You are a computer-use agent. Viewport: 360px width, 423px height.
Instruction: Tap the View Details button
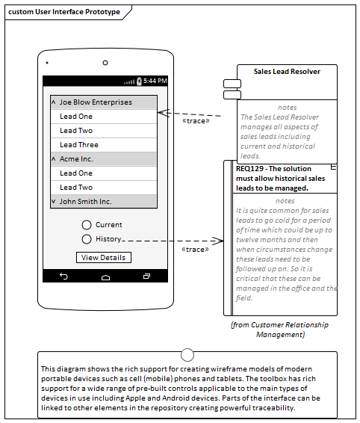[x=104, y=257]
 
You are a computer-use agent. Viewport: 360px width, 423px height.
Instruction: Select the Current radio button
[x=87, y=225]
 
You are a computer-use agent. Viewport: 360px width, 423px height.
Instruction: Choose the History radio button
[x=87, y=239]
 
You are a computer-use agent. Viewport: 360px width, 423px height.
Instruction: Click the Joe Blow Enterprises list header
[x=104, y=102]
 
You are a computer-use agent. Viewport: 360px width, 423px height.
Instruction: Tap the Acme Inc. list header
[x=104, y=159]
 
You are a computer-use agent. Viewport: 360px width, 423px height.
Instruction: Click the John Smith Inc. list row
[x=104, y=201]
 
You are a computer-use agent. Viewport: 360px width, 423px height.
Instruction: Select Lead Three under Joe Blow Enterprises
[x=104, y=145]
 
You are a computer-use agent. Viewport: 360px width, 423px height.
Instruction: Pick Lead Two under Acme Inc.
[x=104, y=188]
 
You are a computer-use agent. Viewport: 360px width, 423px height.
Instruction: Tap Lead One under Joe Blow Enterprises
[x=104, y=117]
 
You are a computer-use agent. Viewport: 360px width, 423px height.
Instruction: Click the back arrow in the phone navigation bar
[x=63, y=276]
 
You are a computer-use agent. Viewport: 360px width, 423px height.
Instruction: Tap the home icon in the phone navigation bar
[x=105, y=277]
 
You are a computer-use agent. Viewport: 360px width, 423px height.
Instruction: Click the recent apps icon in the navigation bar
[x=146, y=276]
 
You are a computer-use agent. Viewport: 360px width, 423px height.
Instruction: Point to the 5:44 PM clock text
[x=155, y=81]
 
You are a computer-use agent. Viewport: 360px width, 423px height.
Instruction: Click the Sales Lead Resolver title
[x=287, y=72]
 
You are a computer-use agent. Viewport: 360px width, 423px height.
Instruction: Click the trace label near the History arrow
[x=195, y=250]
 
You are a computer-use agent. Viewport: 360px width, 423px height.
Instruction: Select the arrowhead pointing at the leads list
[x=164, y=113]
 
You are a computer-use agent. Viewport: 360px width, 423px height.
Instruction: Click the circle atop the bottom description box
[x=187, y=355]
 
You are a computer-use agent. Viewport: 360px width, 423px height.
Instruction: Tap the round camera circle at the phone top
[x=105, y=63]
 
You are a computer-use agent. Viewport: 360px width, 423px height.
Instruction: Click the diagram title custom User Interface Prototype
[x=64, y=12]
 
